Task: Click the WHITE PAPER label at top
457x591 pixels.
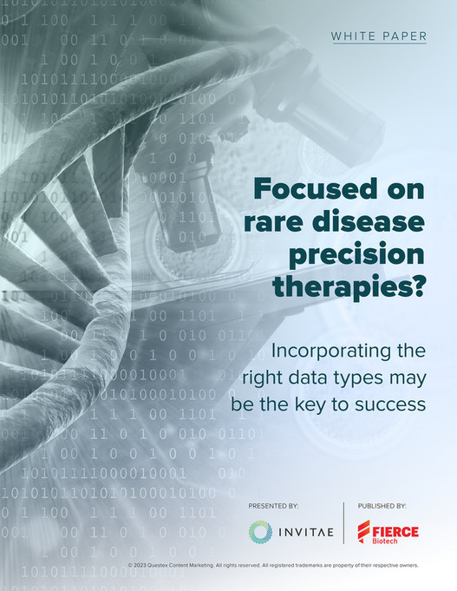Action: tap(378, 36)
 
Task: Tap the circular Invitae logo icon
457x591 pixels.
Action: tap(260, 531)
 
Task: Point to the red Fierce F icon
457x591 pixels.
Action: tap(363, 531)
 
